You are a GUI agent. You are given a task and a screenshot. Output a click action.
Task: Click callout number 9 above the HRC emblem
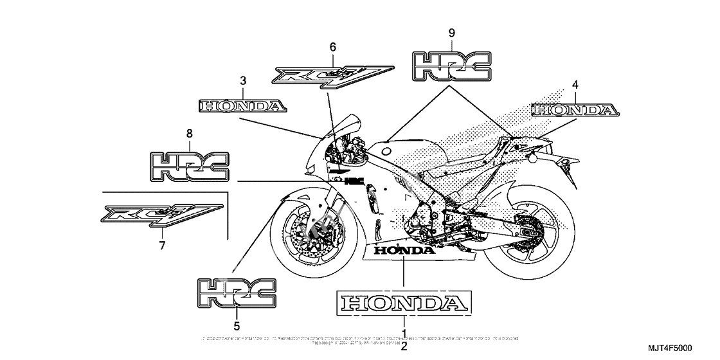[x=451, y=32]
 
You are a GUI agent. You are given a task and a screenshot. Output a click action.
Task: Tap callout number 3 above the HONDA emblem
[x=243, y=81]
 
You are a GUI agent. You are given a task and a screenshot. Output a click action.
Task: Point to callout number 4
[x=575, y=84]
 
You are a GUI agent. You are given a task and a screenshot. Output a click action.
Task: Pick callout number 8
[x=189, y=134]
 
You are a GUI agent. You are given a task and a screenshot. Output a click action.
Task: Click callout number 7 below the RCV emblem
[x=162, y=245]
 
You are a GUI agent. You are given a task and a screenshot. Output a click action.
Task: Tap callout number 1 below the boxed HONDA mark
[x=404, y=334]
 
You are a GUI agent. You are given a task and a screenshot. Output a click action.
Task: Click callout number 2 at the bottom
[x=404, y=347]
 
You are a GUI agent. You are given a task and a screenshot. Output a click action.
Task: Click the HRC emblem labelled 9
[x=451, y=66]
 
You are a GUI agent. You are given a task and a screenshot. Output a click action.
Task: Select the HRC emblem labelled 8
[x=189, y=166]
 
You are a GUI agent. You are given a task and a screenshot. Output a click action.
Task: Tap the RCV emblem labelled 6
[x=332, y=74]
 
